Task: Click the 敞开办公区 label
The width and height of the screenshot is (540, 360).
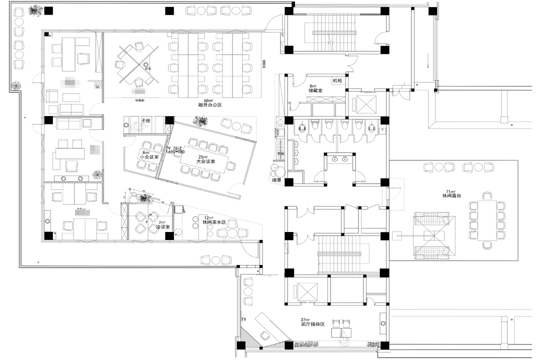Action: [x=209, y=105]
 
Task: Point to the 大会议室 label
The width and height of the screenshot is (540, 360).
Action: [x=205, y=161]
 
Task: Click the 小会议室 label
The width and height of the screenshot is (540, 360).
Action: [x=148, y=157]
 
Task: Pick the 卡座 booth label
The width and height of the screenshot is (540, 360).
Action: [x=146, y=121]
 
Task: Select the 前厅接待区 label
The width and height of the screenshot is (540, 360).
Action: [x=312, y=324]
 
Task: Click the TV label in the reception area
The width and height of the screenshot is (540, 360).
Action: [x=244, y=318]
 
